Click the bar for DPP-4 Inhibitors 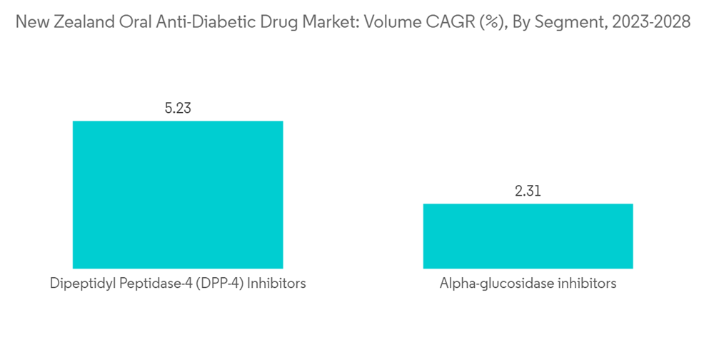[x=178, y=194]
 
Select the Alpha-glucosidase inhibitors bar [x=528, y=236]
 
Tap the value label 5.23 [x=178, y=109]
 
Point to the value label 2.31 [x=528, y=191]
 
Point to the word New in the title [x=30, y=22]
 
